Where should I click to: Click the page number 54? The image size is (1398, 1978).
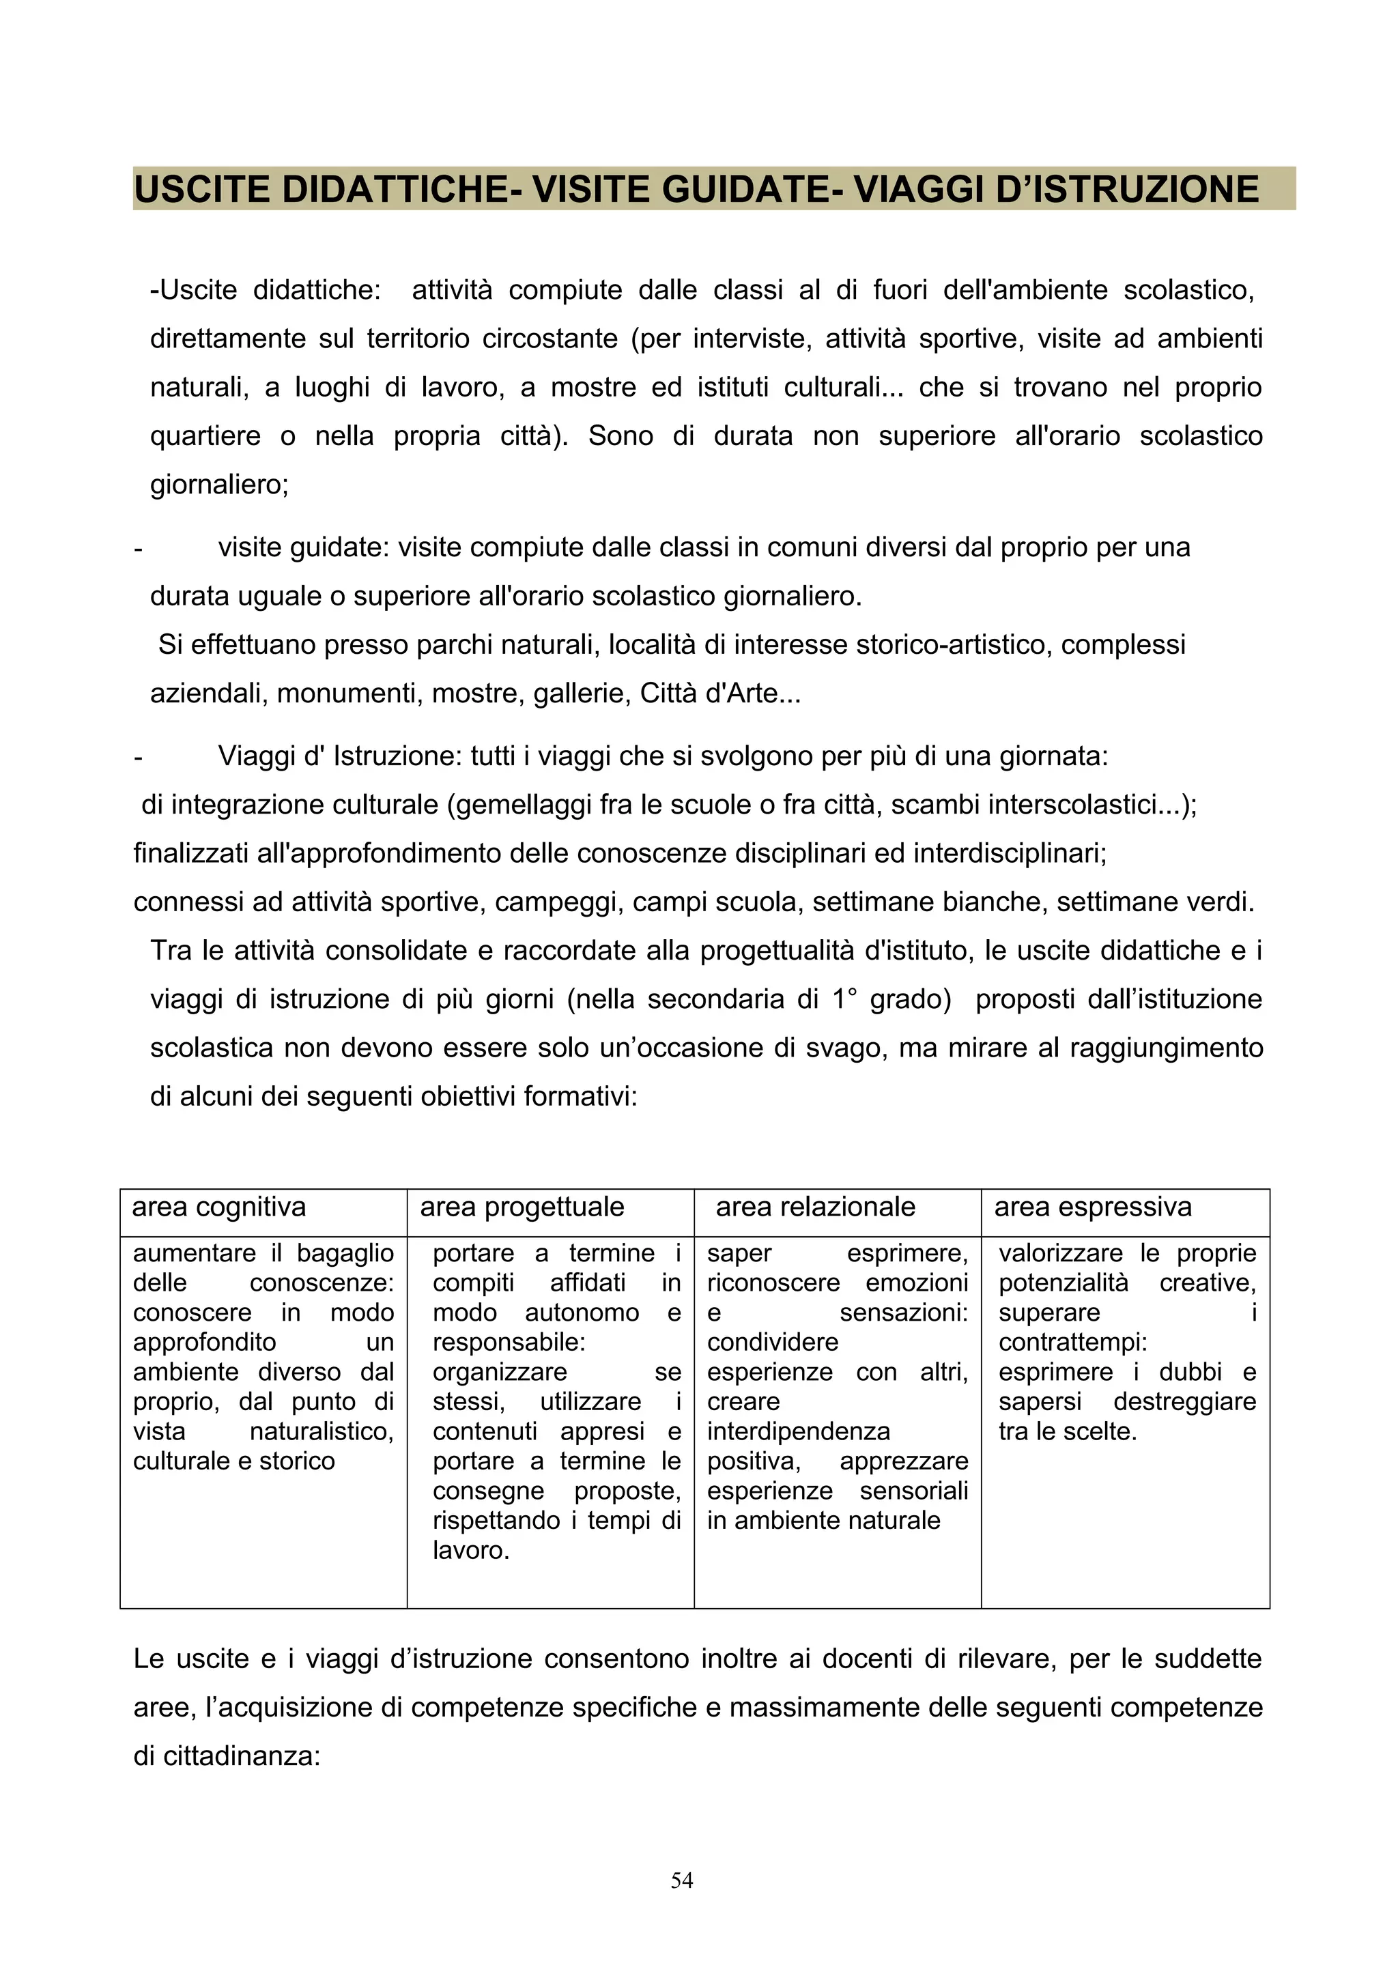coord(681,1880)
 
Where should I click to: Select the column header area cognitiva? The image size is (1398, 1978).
coord(219,1207)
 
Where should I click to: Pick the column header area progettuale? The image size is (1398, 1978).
coord(522,1207)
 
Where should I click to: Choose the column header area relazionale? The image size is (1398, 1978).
coord(815,1207)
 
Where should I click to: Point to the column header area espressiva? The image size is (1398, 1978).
coord(1092,1207)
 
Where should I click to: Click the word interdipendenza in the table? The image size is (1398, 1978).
coord(799,1431)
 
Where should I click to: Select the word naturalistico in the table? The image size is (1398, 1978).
coord(322,1431)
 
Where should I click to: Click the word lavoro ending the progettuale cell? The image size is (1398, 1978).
coord(470,1550)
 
